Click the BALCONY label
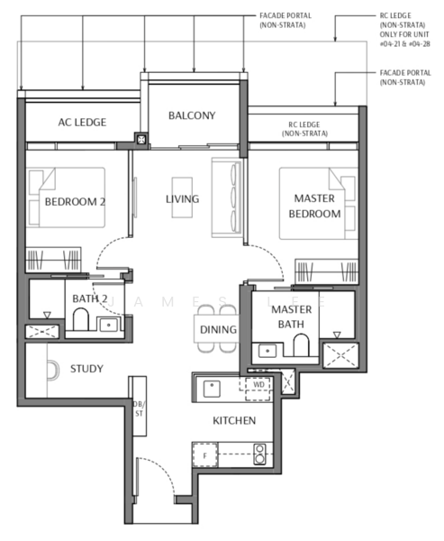point(192,115)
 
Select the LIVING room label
point(182,199)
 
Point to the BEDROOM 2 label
point(76,202)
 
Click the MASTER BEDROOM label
point(314,206)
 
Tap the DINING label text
point(218,330)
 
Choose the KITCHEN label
point(233,421)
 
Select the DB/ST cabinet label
point(138,408)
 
